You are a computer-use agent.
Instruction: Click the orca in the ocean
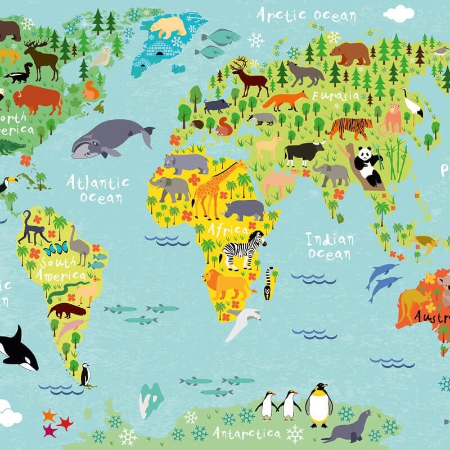(x=17, y=349)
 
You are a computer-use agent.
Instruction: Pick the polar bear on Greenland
(x=168, y=26)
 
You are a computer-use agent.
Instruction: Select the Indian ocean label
(x=330, y=246)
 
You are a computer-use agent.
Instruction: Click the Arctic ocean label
(x=306, y=15)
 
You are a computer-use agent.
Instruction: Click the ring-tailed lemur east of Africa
(x=269, y=281)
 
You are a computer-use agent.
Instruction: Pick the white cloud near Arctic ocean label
(x=399, y=13)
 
